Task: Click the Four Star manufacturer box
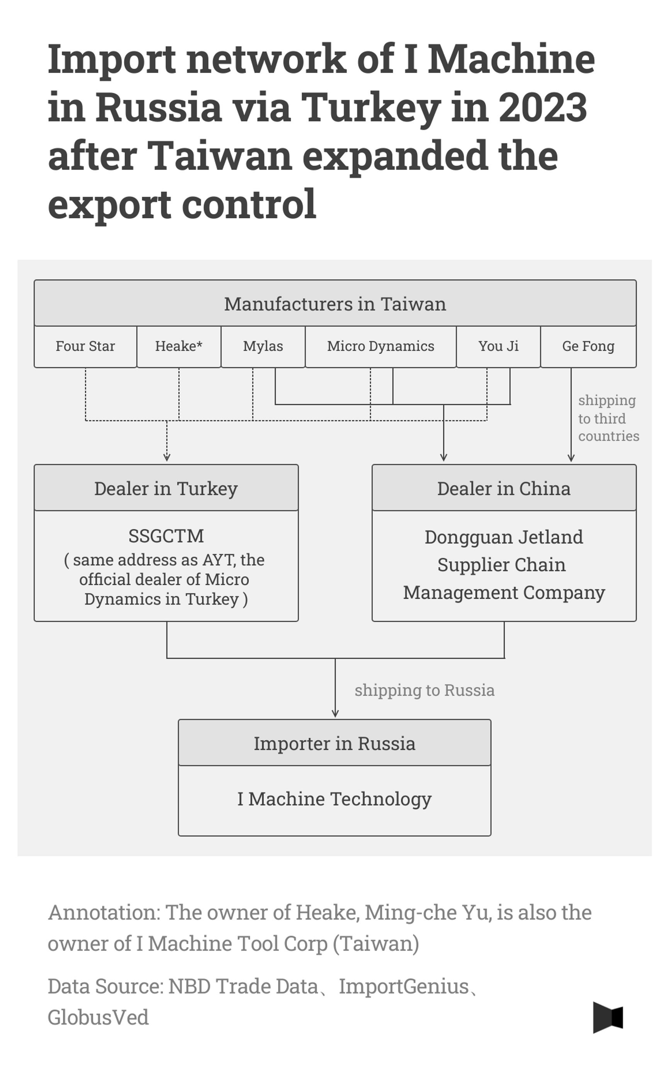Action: (85, 346)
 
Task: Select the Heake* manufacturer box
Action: (179, 346)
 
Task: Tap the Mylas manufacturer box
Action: (263, 346)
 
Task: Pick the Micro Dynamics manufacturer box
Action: (380, 346)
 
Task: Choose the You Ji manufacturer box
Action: (498, 346)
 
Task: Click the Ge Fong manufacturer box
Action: (588, 346)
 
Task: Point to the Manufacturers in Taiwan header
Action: (335, 304)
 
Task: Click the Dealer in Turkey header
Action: (166, 489)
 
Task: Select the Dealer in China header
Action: (504, 489)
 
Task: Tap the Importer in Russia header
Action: (334, 744)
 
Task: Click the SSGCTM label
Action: (166, 536)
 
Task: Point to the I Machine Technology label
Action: (334, 799)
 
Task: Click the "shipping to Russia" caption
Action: (424, 690)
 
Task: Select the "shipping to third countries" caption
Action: (608, 418)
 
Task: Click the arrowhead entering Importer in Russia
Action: (335, 714)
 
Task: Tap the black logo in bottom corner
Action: (608, 1018)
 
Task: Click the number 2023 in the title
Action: (542, 107)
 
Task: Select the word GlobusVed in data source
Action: (98, 1018)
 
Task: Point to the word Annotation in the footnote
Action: (104, 912)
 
